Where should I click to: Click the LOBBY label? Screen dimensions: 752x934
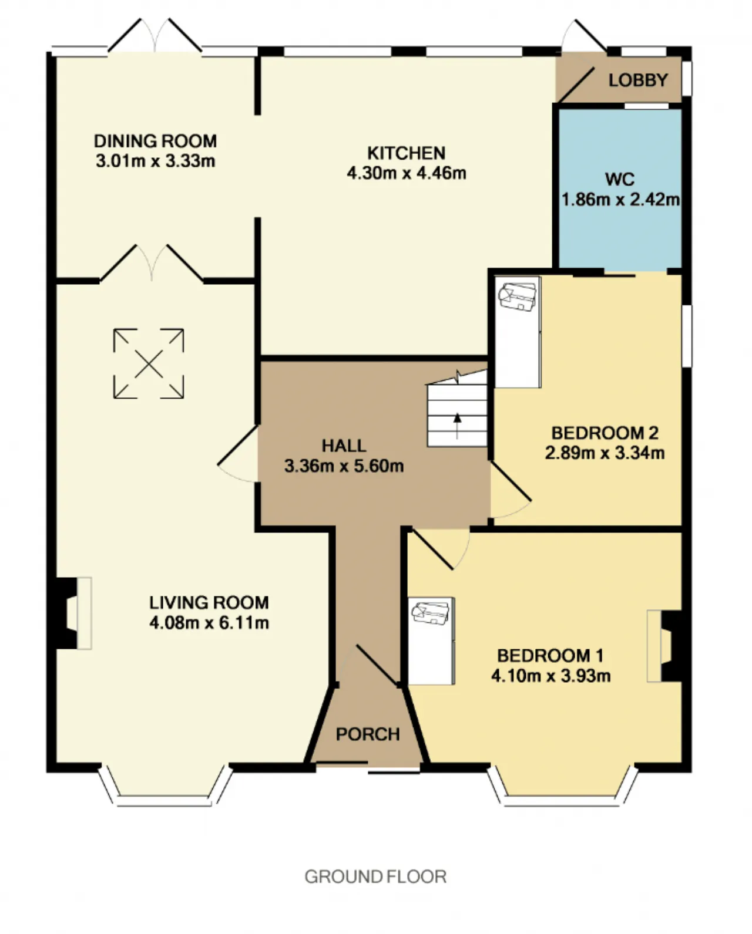click(x=638, y=80)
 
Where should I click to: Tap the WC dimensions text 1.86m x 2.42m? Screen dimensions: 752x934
click(x=620, y=200)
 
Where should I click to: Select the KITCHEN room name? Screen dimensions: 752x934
click(x=406, y=153)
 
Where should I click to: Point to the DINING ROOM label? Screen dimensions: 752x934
click(x=156, y=141)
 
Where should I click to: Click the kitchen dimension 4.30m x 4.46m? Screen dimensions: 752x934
click(x=406, y=173)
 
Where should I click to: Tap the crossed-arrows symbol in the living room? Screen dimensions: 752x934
click(x=149, y=364)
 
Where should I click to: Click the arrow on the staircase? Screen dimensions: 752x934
click(x=457, y=426)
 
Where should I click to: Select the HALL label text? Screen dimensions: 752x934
click(x=344, y=446)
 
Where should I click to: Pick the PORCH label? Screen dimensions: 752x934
click(x=368, y=734)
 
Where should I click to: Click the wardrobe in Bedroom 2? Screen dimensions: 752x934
click(x=518, y=332)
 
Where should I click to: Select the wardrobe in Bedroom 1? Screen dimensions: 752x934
click(x=431, y=641)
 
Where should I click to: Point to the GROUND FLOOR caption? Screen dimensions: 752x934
click(x=375, y=876)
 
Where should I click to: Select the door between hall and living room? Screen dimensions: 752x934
click(x=238, y=454)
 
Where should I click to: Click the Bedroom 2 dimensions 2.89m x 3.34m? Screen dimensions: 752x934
click(x=605, y=453)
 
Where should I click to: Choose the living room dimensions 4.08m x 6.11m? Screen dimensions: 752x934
click(x=209, y=623)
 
